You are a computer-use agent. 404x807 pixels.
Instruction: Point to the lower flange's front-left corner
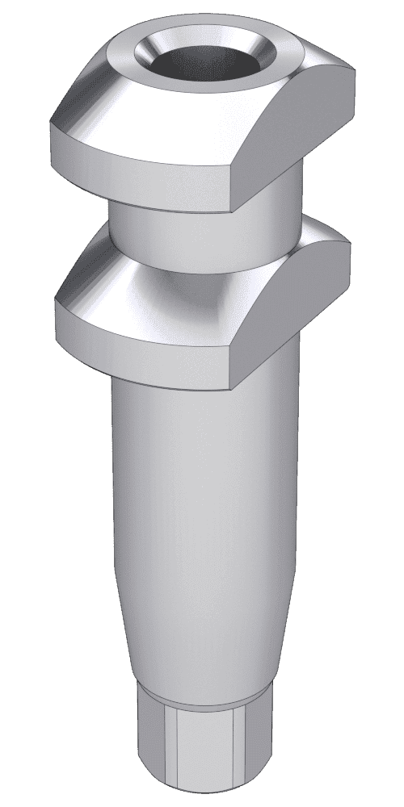click(57, 303)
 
